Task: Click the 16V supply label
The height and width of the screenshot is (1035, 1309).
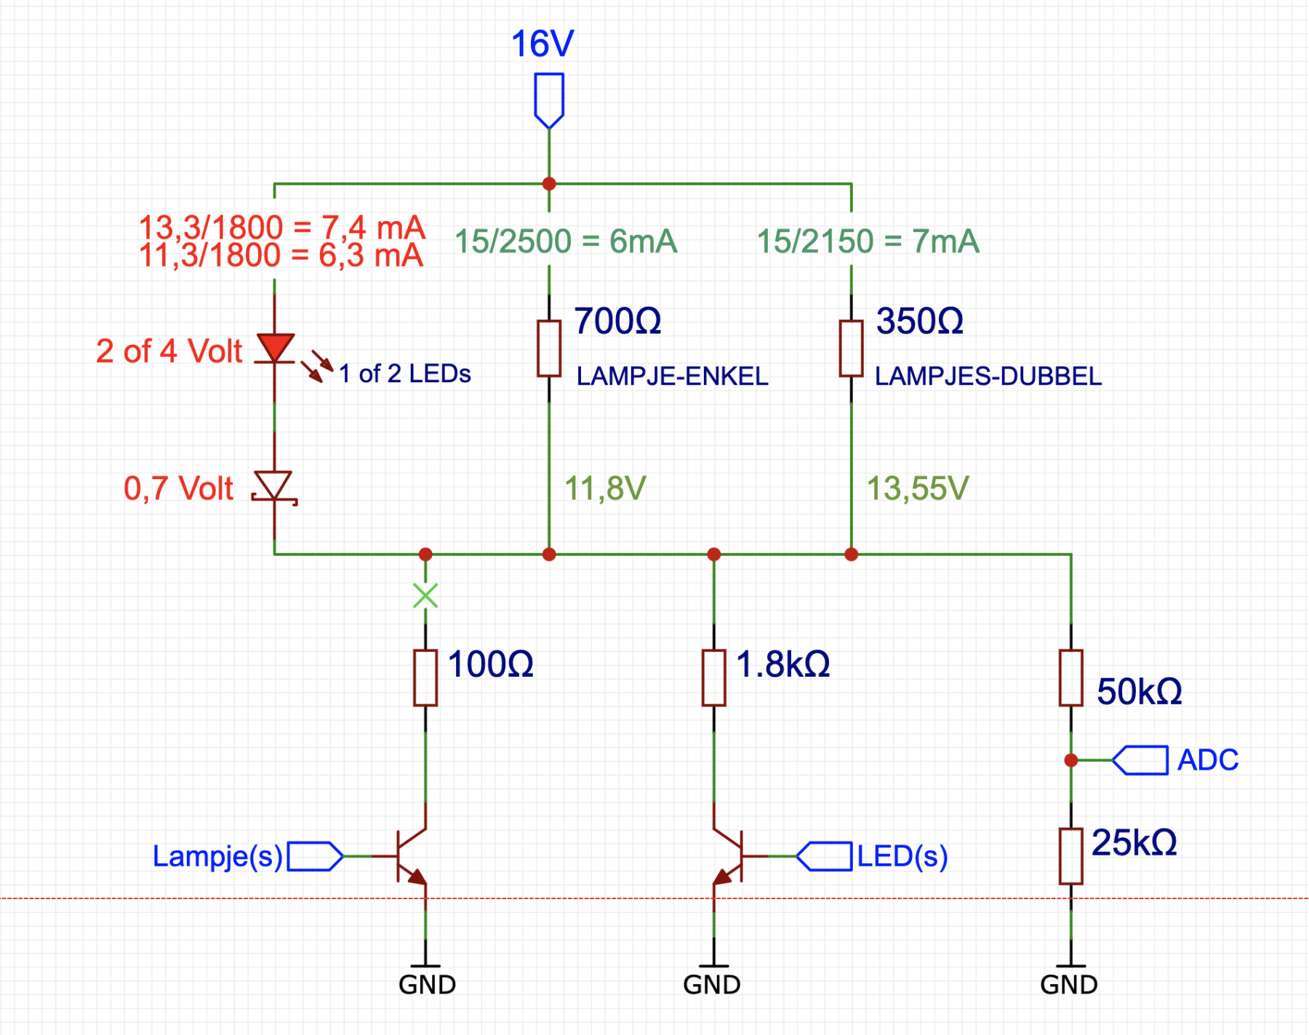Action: click(543, 44)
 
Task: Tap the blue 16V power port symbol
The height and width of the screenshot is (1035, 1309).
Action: click(549, 100)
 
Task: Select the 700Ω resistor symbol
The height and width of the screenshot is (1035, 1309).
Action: click(549, 349)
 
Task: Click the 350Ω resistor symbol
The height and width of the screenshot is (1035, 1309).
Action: click(852, 349)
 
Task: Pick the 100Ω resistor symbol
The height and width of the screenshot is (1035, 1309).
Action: click(425, 678)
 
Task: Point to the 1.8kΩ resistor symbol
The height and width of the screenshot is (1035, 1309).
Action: click(714, 678)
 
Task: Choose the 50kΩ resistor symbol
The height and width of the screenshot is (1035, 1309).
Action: click(1071, 678)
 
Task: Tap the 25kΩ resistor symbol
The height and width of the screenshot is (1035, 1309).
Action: click(1071, 856)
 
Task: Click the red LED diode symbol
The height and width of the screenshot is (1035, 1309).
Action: click(275, 348)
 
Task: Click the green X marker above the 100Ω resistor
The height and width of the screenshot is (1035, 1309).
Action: click(425, 596)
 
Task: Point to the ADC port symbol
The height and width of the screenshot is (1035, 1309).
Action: click(1140, 760)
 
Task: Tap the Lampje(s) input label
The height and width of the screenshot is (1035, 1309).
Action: click(217, 856)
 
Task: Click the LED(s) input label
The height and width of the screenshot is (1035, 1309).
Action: click(902, 856)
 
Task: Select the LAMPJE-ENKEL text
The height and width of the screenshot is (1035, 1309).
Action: click(672, 376)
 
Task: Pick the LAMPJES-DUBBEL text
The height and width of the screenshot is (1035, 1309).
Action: click(988, 376)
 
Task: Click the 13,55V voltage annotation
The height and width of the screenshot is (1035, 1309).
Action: click(918, 488)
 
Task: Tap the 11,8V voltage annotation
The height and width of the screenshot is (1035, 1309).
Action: click(605, 488)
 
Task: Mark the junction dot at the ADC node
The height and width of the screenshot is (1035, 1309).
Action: click(1071, 760)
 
